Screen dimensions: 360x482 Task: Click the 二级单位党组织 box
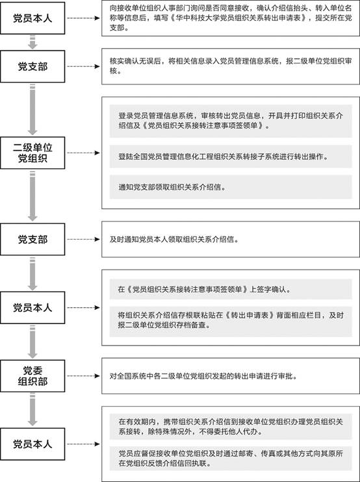pos(32,153)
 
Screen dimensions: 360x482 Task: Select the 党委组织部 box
pos(32,375)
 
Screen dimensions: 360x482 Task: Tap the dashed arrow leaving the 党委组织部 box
pos(84,375)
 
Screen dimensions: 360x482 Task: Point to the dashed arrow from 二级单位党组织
pos(84,153)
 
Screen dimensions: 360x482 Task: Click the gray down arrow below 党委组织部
pos(32,409)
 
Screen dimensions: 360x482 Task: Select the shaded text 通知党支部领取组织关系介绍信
pos(172,187)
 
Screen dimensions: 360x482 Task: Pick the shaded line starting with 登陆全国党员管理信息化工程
pos(223,157)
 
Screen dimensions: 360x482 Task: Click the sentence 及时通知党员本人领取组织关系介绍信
pos(174,240)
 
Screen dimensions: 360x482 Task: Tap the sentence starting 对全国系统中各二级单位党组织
pos(203,376)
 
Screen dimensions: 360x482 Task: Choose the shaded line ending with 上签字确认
pos(205,289)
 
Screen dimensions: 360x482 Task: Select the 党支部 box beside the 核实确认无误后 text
pos(32,66)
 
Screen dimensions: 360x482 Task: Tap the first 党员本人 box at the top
pos(32,18)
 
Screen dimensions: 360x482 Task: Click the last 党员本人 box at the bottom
pos(32,444)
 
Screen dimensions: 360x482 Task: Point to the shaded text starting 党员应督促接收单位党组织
pos(231,459)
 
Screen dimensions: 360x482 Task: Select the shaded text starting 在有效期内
pos(231,426)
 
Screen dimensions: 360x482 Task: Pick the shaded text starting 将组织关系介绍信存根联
pos(231,320)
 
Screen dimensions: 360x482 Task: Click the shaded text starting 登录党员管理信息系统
pos(231,121)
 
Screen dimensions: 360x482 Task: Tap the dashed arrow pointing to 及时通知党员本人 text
pos(84,239)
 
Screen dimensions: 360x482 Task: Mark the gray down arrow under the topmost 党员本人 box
pos(32,42)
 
